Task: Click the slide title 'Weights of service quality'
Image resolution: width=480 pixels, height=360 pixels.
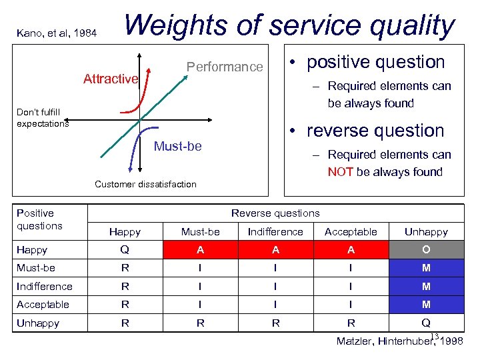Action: click(x=289, y=25)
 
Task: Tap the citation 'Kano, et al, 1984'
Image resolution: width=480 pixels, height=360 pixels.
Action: click(x=56, y=32)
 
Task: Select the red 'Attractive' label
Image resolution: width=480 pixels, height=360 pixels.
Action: click(x=110, y=79)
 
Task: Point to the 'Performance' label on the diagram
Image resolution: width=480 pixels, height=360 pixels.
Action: click(x=225, y=67)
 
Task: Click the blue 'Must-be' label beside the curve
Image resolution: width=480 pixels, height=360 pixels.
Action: click(x=177, y=146)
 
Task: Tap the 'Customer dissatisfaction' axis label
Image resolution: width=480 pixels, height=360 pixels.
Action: click(x=145, y=184)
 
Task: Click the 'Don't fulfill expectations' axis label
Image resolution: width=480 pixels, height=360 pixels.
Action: click(x=43, y=117)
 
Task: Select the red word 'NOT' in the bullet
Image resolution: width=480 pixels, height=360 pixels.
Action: click(x=340, y=172)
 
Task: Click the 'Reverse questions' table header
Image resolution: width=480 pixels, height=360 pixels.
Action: click(x=275, y=213)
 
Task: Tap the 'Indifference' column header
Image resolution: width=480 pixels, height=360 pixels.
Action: click(x=275, y=232)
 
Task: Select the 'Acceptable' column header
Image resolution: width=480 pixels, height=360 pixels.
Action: click(x=351, y=232)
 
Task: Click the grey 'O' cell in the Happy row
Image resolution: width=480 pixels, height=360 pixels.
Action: click(x=426, y=250)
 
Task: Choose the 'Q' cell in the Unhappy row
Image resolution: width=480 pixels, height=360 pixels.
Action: click(x=426, y=323)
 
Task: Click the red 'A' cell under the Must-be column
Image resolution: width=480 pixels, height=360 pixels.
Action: click(x=200, y=250)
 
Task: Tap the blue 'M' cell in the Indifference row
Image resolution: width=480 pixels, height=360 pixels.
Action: click(x=426, y=287)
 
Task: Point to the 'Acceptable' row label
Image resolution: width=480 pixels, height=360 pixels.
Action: click(x=43, y=305)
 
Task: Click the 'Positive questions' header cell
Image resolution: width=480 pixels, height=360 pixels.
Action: click(x=39, y=219)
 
